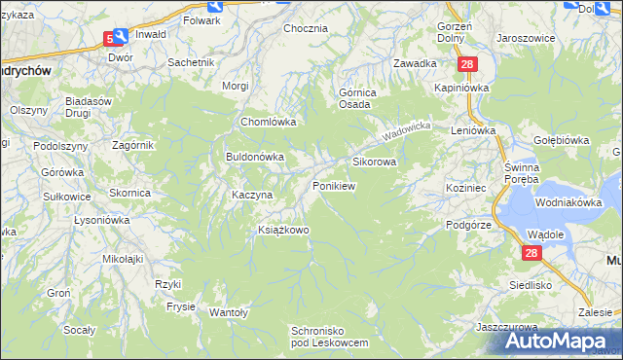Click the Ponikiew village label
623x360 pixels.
pos(333,185)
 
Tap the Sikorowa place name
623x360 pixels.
pos(374,162)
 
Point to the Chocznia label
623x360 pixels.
pos(305,28)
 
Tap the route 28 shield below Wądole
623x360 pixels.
pos(531,253)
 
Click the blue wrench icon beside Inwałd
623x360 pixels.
pos(120,37)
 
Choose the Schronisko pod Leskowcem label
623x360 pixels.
pos(330,338)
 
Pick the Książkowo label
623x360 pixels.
pos(282,230)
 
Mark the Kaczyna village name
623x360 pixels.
pos(251,195)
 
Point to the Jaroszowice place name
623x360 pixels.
pos(526,38)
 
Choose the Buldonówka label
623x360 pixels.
pos(254,156)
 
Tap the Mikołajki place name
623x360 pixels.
pos(123,259)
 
